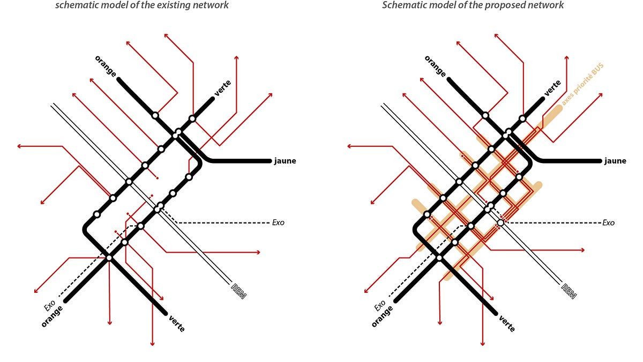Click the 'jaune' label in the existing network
point(285,161)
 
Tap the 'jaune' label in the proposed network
point(615,161)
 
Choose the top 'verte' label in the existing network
point(223,87)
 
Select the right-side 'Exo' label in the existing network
point(278,222)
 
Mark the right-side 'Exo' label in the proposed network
point(608,222)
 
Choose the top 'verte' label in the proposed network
point(553,87)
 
